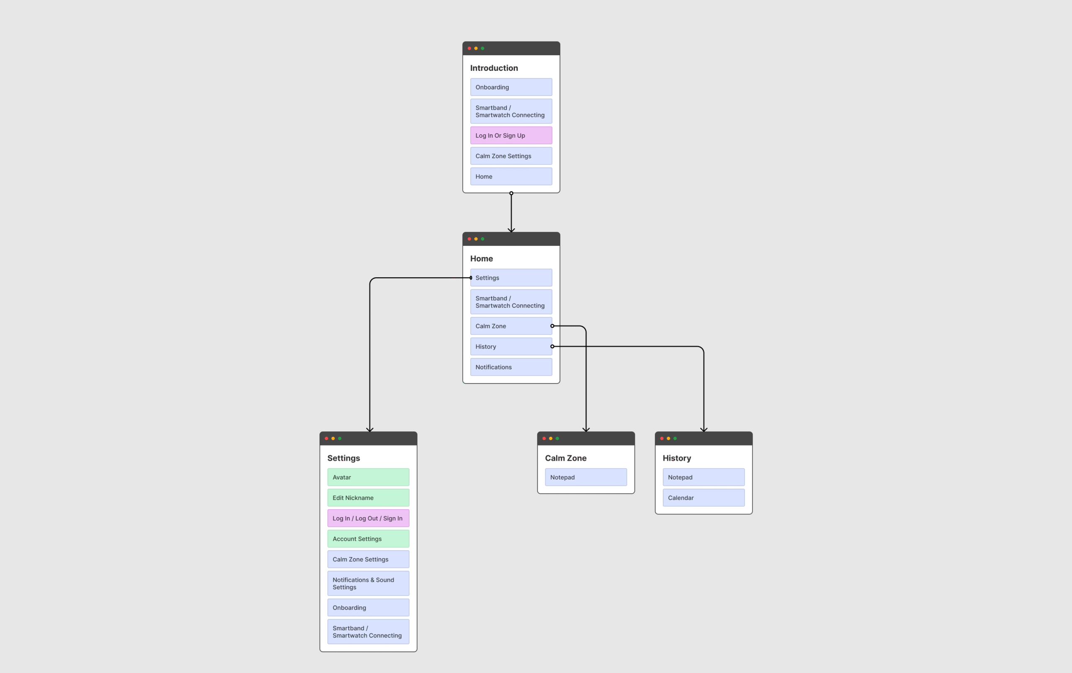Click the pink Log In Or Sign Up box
tap(511, 135)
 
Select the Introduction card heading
tap(494, 68)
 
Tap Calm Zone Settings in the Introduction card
tap(511, 156)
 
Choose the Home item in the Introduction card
tap(511, 176)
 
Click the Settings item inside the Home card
tap(511, 278)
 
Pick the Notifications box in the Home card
tap(511, 367)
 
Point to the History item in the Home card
tap(511, 346)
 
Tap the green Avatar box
tap(368, 477)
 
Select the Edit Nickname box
tap(368, 498)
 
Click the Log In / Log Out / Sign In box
tap(368, 518)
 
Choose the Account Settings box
tap(368, 539)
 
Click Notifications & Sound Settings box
tap(368, 583)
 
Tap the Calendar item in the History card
tap(703, 498)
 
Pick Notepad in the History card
tap(703, 477)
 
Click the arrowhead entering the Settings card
tap(370, 430)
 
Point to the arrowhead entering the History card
tap(703, 430)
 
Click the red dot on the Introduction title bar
tap(469, 48)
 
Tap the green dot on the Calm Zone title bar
tap(557, 438)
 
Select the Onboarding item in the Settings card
tap(368, 608)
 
